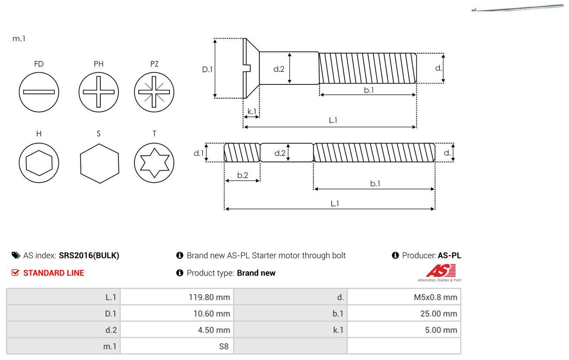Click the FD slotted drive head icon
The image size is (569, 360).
(x=39, y=92)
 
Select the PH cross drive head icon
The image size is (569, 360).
(x=99, y=92)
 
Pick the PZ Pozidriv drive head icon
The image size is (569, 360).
(x=154, y=92)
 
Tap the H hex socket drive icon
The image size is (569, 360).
(x=39, y=163)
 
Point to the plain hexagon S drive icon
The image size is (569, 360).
(x=99, y=163)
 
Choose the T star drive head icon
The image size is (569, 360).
(x=154, y=163)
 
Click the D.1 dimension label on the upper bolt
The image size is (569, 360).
(x=208, y=69)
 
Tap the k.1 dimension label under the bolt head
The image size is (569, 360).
(x=252, y=111)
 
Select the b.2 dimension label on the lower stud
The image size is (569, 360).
(x=243, y=175)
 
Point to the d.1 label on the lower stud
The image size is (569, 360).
(x=198, y=153)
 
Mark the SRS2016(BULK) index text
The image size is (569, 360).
(x=89, y=255)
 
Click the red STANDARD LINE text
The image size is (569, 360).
(x=54, y=273)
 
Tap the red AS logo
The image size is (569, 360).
(x=440, y=271)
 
